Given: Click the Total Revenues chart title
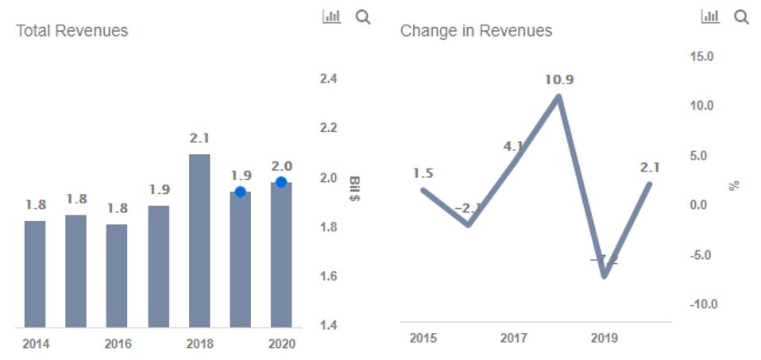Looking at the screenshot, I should click(72, 31).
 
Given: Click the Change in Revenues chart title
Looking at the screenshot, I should click(476, 31).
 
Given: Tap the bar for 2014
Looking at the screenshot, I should click(35, 273).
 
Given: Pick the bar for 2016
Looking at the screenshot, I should click(117, 275).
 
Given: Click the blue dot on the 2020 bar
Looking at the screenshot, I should click(281, 182).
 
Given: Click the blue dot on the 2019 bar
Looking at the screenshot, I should click(240, 192).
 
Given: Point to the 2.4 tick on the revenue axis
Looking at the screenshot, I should click(328, 79).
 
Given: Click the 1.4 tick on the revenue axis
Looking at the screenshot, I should click(328, 326).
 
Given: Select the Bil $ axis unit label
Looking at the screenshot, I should click(354, 188).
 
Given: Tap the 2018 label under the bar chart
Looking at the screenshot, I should click(199, 344).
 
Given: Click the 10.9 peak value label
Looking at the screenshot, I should click(559, 79).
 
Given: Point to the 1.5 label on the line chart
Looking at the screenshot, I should click(423, 173).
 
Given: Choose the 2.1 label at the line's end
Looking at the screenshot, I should click(649, 167).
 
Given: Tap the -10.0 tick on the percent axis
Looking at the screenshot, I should click(702, 304).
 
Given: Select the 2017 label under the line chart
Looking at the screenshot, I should click(514, 339).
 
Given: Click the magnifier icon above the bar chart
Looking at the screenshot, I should click(363, 17).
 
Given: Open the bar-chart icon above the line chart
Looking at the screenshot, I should click(710, 17).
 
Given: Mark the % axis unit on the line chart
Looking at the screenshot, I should click(734, 185).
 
